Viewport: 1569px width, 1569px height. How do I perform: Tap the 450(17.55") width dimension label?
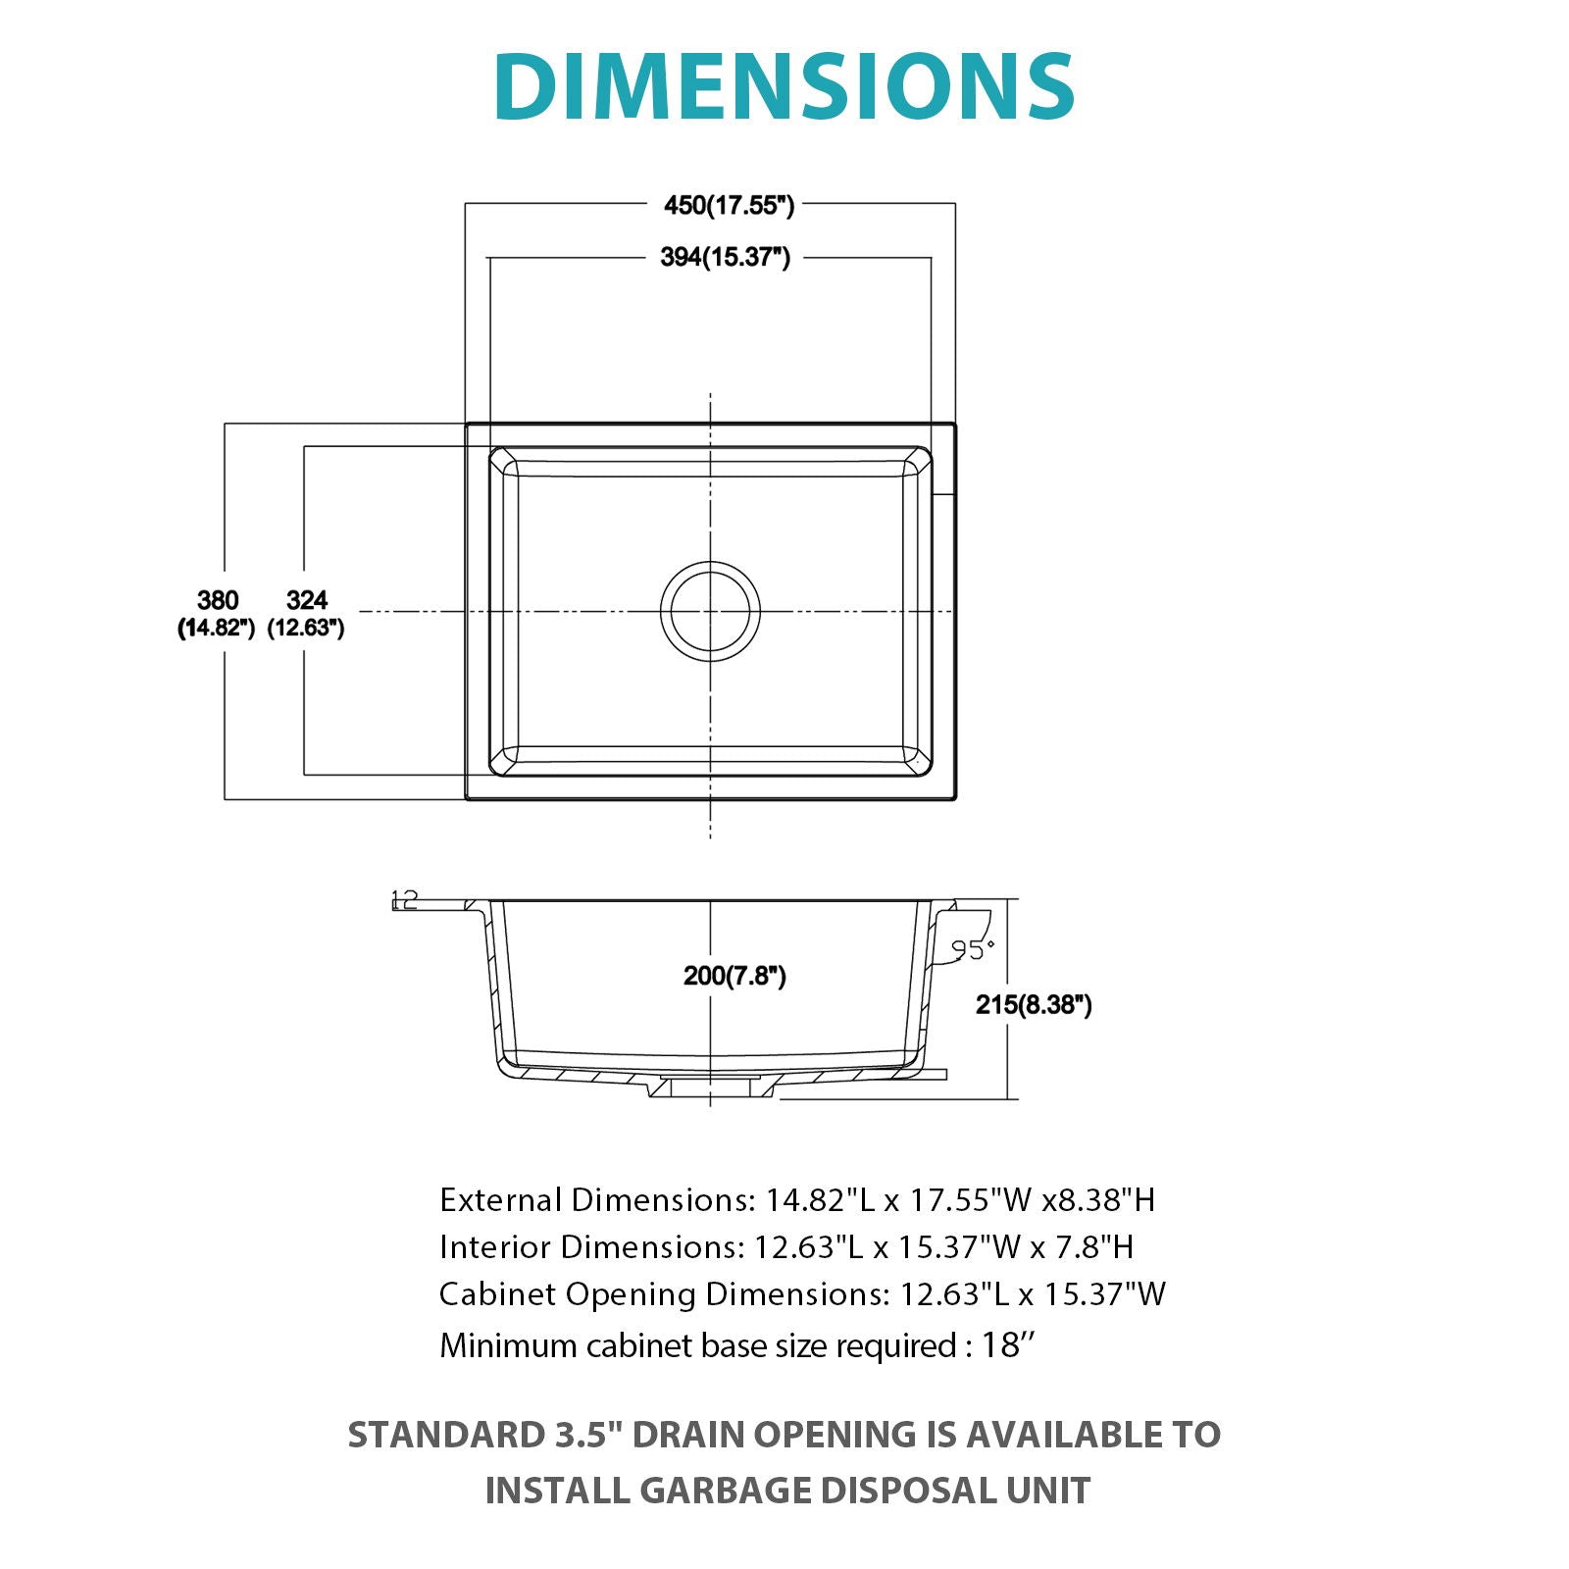point(729,205)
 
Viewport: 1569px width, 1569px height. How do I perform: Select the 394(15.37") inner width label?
point(725,257)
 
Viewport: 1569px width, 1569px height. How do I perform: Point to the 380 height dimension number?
point(218,600)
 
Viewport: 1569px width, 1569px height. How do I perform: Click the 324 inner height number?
point(307,600)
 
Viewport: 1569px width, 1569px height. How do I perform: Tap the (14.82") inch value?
point(217,628)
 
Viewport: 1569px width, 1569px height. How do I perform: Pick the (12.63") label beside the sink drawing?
point(306,628)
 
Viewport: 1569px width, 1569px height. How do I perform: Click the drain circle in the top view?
point(710,611)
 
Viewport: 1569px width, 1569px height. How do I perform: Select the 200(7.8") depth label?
point(734,976)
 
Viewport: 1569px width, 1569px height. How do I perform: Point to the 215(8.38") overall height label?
point(1034,1004)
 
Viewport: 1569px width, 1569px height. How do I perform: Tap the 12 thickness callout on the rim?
point(404,898)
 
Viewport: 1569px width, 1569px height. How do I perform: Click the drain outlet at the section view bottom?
point(710,1087)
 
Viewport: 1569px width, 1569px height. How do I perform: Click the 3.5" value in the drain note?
point(584,1435)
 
